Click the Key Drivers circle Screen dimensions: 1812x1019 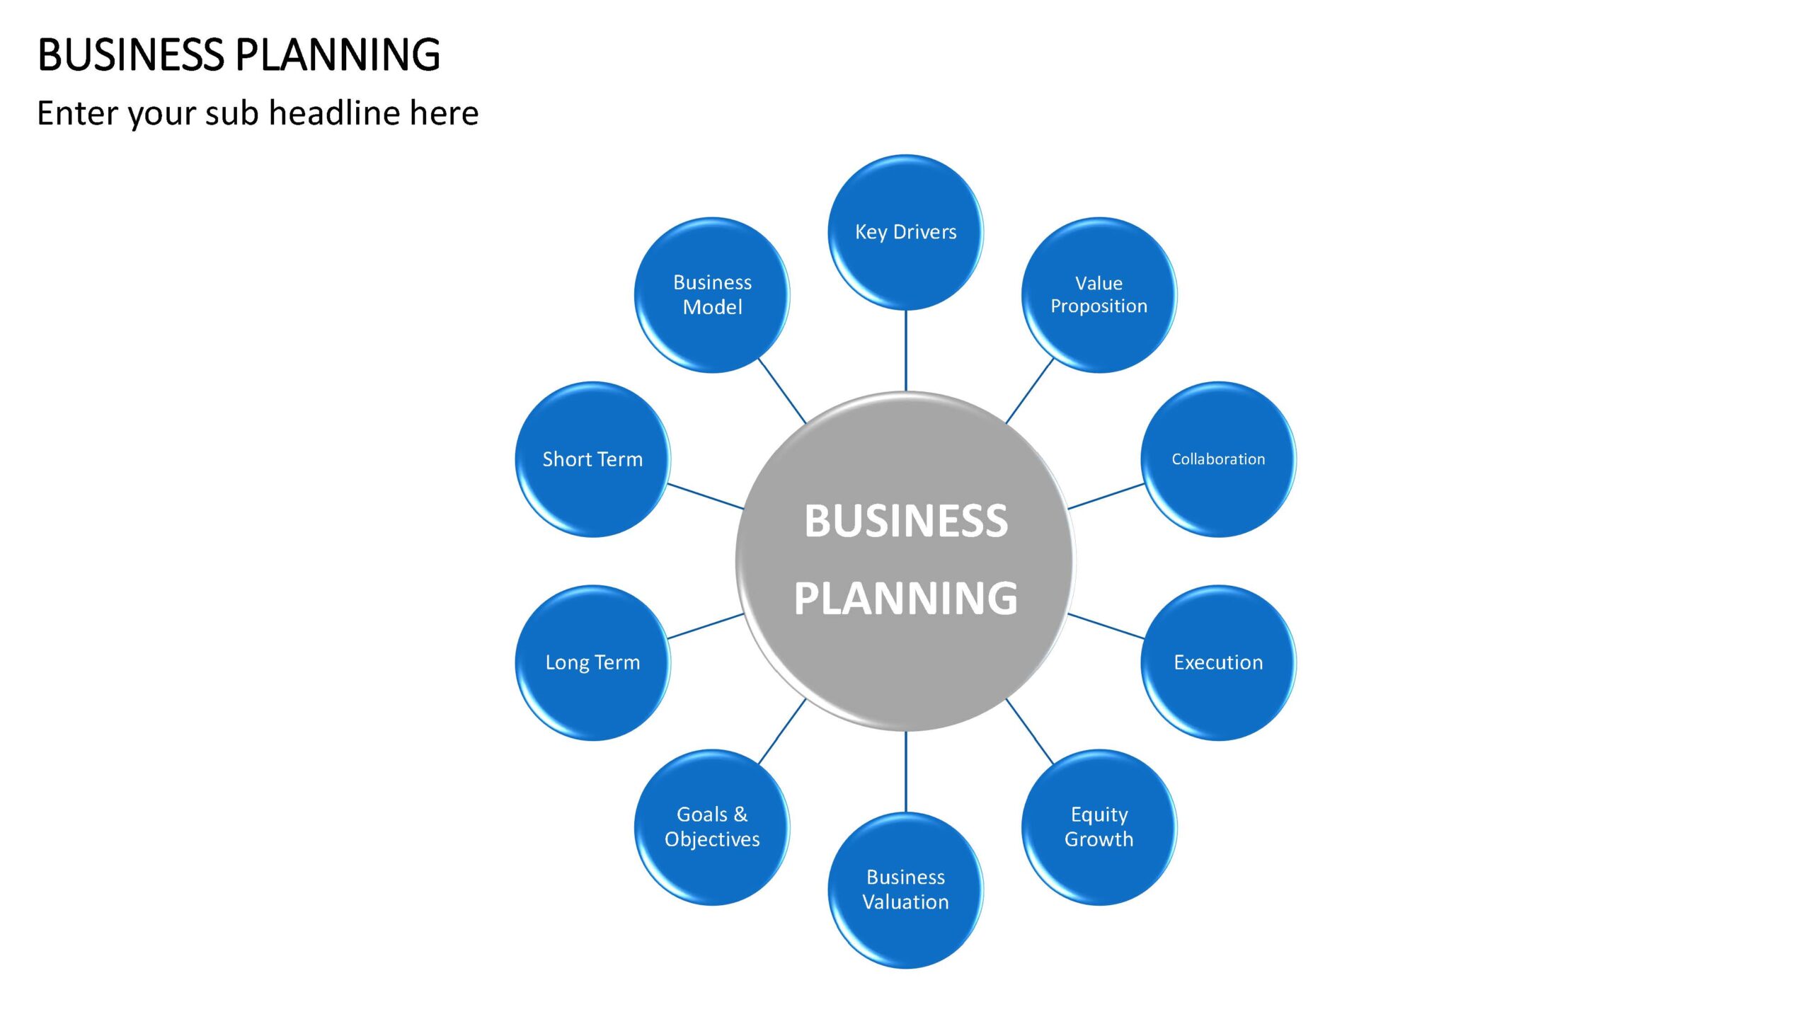pos(905,232)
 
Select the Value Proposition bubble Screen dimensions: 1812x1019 pos(1099,294)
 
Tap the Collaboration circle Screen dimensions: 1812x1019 pos(1218,459)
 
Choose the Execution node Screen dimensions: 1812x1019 pos(1218,662)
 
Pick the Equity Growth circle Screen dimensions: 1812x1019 pos(1099,827)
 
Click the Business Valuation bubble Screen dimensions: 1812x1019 pos(905,890)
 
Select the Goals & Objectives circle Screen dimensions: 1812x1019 pos(712,827)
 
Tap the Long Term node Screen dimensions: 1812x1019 pos(592,662)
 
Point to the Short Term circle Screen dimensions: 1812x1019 pos(592,459)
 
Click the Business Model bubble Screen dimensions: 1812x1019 pos(712,294)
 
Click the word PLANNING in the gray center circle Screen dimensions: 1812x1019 pos(906,599)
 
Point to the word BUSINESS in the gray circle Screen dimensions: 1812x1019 pos(906,521)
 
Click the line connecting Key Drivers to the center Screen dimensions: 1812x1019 pos(906,350)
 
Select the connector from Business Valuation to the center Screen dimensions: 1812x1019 pos(906,772)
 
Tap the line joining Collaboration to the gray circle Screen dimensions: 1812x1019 pos(1106,496)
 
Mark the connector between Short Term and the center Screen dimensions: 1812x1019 pos(706,496)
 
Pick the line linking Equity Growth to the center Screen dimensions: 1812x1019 pos(1030,731)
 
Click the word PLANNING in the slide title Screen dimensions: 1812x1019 pos(338,54)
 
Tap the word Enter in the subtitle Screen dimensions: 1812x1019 pos(77,113)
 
